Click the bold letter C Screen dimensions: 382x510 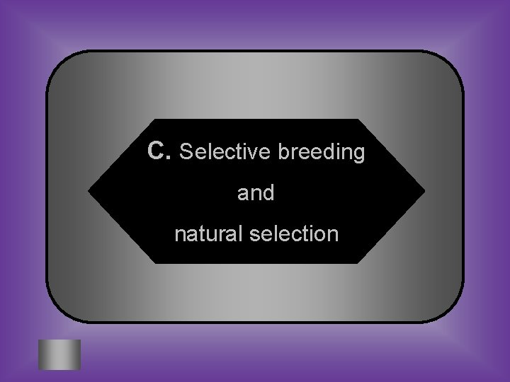(x=156, y=151)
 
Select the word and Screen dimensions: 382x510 (x=256, y=192)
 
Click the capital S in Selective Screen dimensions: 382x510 (x=187, y=151)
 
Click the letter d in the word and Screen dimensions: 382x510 (x=268, y=192)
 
